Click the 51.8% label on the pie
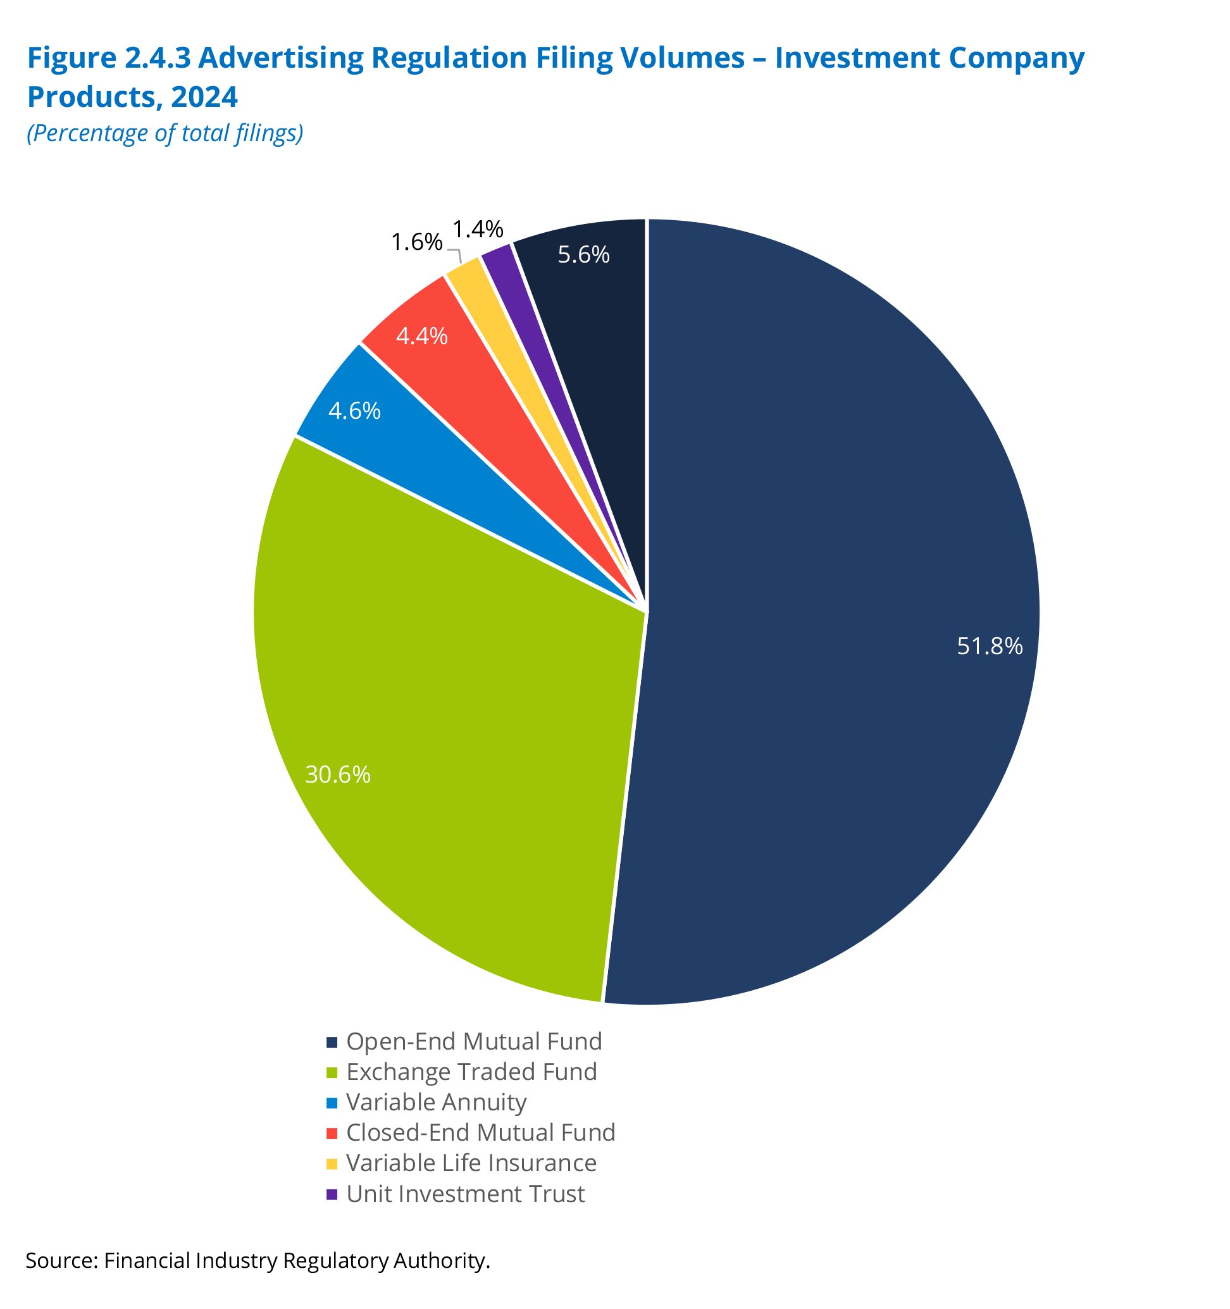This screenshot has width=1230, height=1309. point(989,646)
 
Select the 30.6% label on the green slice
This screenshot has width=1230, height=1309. point(338,774)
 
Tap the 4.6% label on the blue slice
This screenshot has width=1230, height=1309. point(354,411)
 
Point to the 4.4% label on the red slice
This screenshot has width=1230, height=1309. point(421,337)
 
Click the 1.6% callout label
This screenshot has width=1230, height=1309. point(416,242)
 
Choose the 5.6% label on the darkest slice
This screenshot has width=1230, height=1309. point(583,254)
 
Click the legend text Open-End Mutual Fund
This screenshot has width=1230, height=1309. point(474,1041)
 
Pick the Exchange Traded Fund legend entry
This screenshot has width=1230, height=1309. point(471,1071)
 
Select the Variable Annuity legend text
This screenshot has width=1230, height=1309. point(437,1101)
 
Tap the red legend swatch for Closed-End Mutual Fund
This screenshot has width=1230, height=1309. point(332,1133)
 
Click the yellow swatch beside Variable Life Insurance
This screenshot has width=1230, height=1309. point(332,1163)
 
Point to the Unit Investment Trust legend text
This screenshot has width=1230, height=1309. point(466,1193)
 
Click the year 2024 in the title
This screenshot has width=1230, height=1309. point(204,97)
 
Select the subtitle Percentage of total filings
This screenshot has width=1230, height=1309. point(165,133)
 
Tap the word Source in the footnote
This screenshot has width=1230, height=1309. point(61,1260)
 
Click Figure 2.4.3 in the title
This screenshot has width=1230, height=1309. point(109,58)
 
